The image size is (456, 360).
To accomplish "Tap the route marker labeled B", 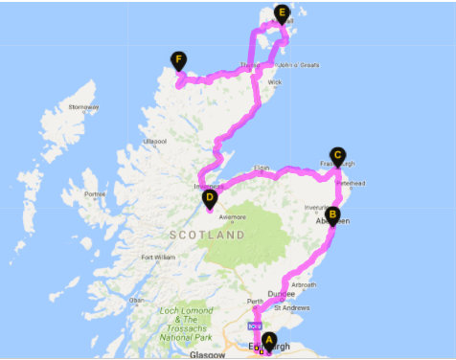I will tap(331, 214).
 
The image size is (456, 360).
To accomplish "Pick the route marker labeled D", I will tap(210, 197).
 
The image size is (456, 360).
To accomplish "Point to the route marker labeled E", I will tap(281, 13).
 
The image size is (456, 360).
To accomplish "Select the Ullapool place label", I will tap(155, 141).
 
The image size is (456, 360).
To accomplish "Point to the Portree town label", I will tap(97, 194).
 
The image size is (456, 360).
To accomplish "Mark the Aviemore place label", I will tap(233, 217).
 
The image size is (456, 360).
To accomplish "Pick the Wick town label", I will tap(276, 82).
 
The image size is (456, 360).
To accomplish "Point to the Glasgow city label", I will tap(207, 354).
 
